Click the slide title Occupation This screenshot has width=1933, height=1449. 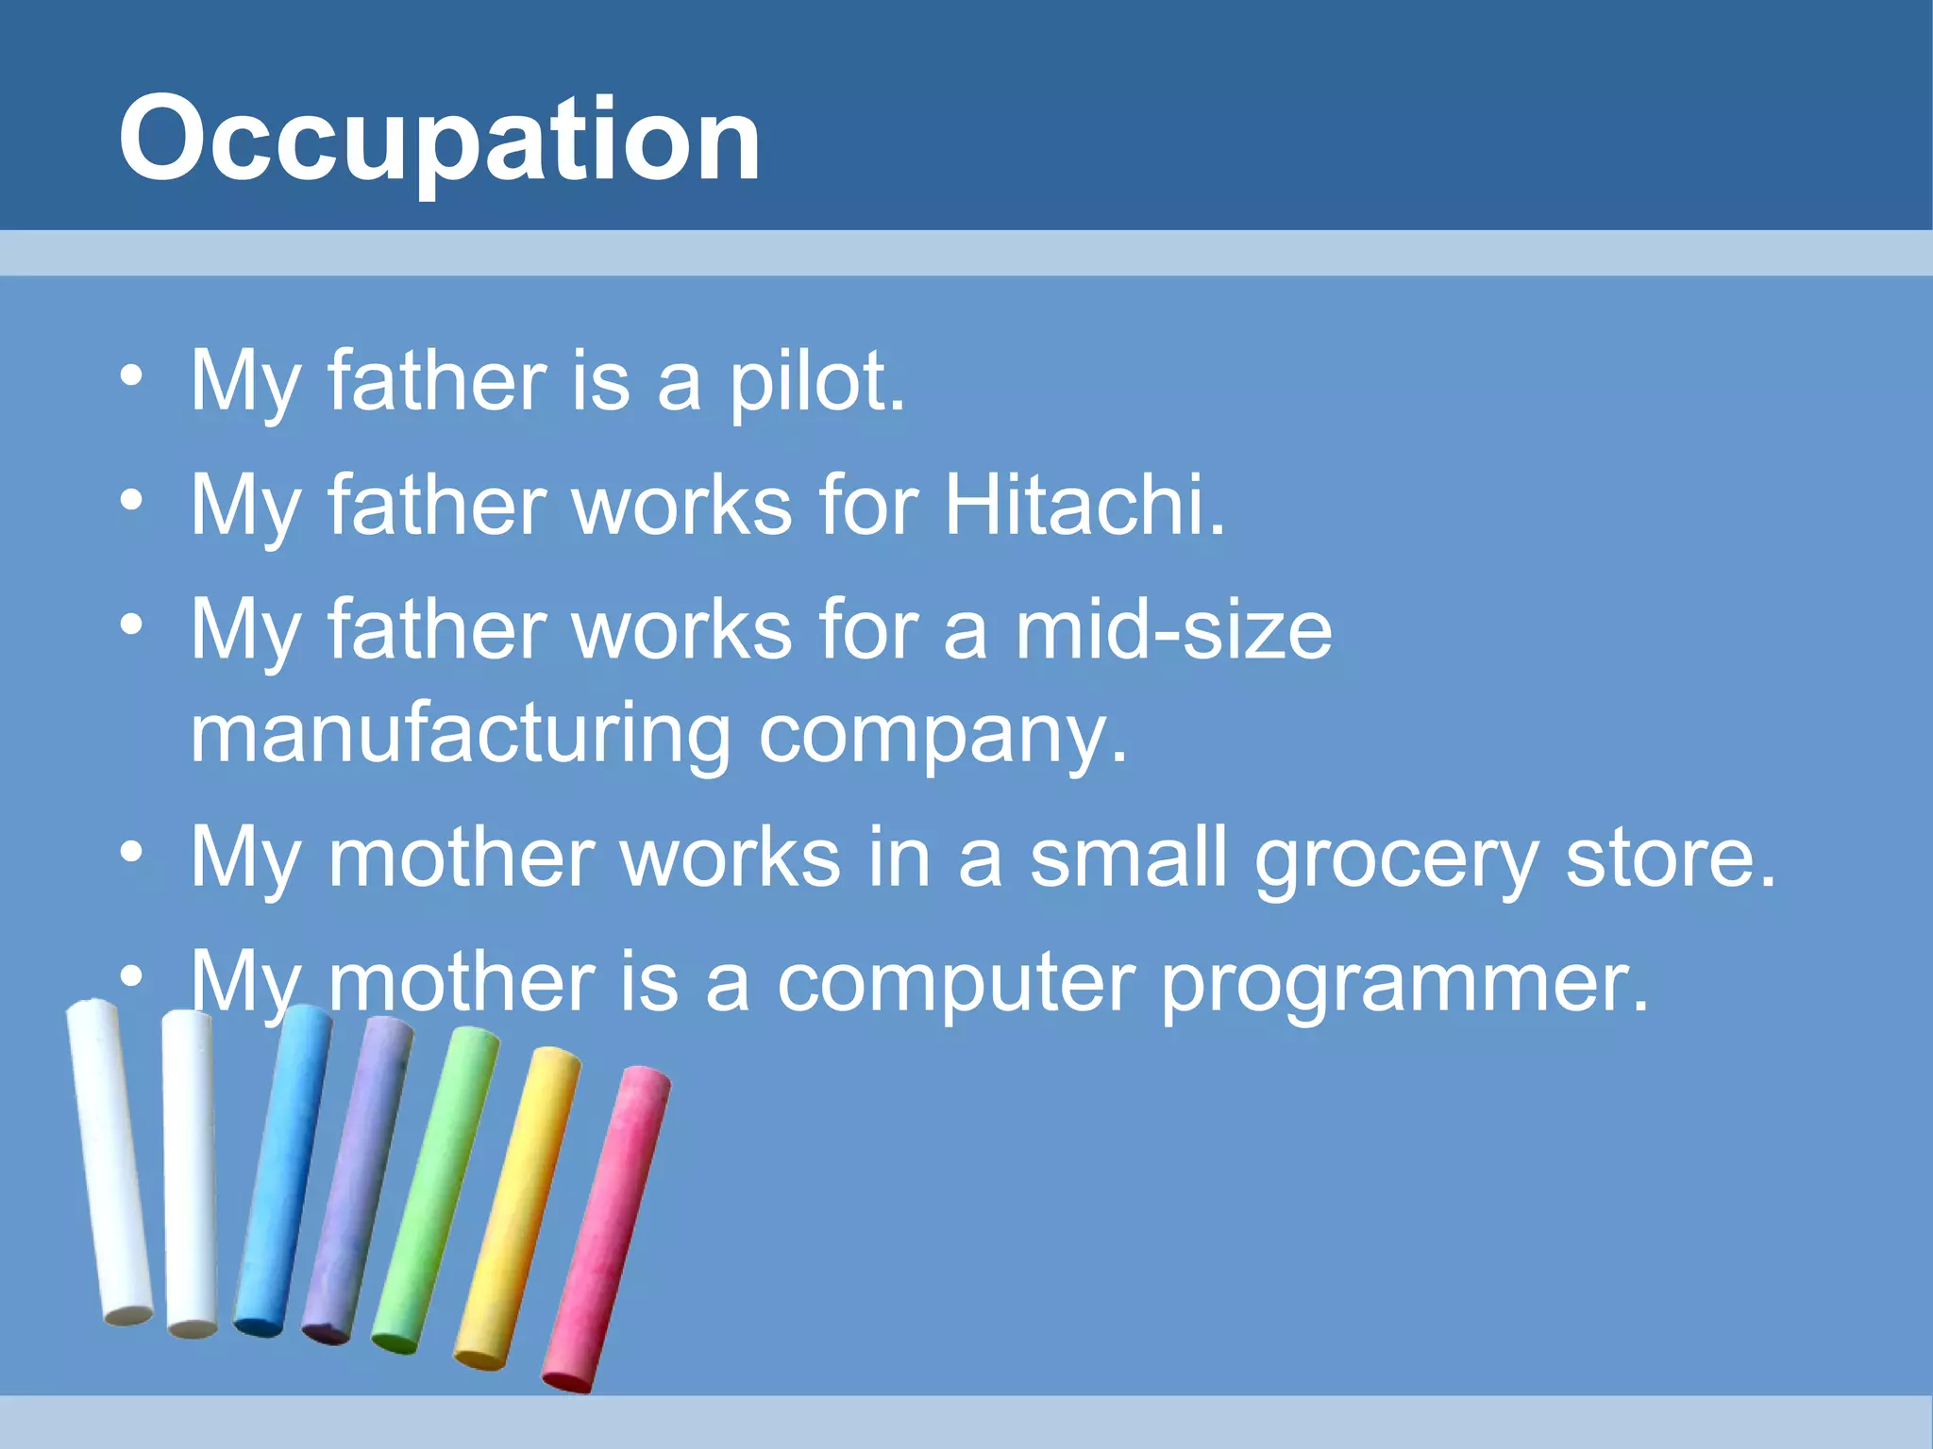439,140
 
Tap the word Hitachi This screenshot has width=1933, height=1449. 1084,507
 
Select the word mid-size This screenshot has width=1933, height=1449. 1173,630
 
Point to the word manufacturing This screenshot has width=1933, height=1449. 461,735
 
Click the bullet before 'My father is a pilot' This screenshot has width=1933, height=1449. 132,377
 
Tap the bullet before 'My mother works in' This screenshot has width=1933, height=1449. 132,853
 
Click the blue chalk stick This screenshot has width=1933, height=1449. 283,1170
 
